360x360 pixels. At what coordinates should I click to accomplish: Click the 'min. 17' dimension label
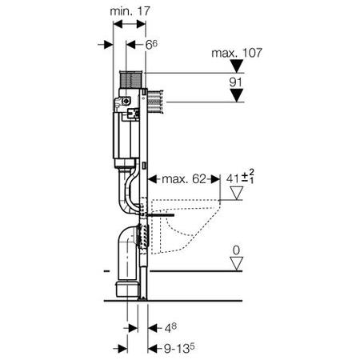point(130,11)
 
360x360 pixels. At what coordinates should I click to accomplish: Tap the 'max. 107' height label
point(237,53)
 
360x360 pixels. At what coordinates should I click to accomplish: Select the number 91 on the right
point(236,82)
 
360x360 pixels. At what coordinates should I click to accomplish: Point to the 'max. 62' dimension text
point(184,179)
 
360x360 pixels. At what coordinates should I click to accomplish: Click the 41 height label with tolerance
point(240,177)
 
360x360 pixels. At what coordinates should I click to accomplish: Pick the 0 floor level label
point(236,250)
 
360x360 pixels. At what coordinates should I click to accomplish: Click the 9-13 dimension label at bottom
point(179,348)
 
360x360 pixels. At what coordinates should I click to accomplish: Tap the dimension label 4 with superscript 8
point(170,328)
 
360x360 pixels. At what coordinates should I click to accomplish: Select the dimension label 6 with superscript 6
point(151,45)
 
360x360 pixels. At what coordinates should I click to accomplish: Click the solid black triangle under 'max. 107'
point(237,66)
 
